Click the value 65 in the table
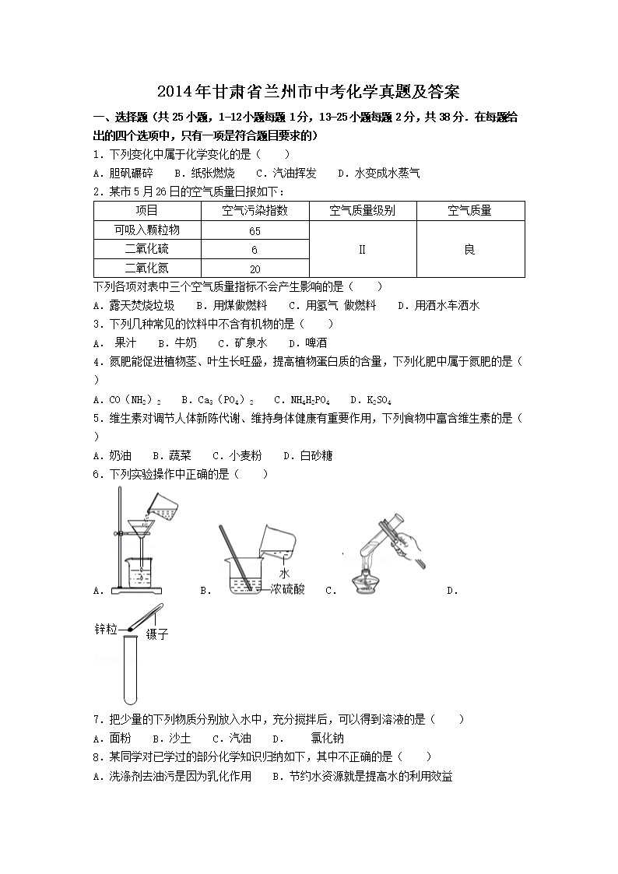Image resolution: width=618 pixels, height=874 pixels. [255, 231]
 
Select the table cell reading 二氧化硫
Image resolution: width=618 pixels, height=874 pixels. [147, 249]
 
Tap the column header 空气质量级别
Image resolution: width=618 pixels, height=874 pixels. [363, 210]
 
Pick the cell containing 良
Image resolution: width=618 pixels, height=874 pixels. [469, 249]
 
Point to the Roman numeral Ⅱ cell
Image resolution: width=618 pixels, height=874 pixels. [363, 249]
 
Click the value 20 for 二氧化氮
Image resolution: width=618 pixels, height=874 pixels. [255, 269]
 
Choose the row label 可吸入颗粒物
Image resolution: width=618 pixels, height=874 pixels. [147, 230]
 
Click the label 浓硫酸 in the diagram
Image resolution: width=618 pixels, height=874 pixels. [288, 589]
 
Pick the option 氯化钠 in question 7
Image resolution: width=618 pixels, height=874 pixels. [327, 738]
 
